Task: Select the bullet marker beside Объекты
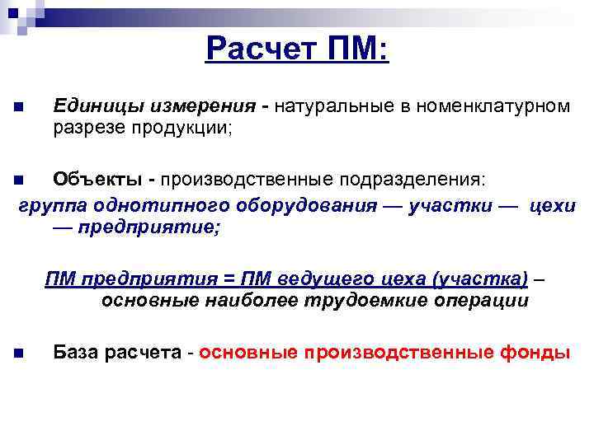[x=19, y=179]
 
